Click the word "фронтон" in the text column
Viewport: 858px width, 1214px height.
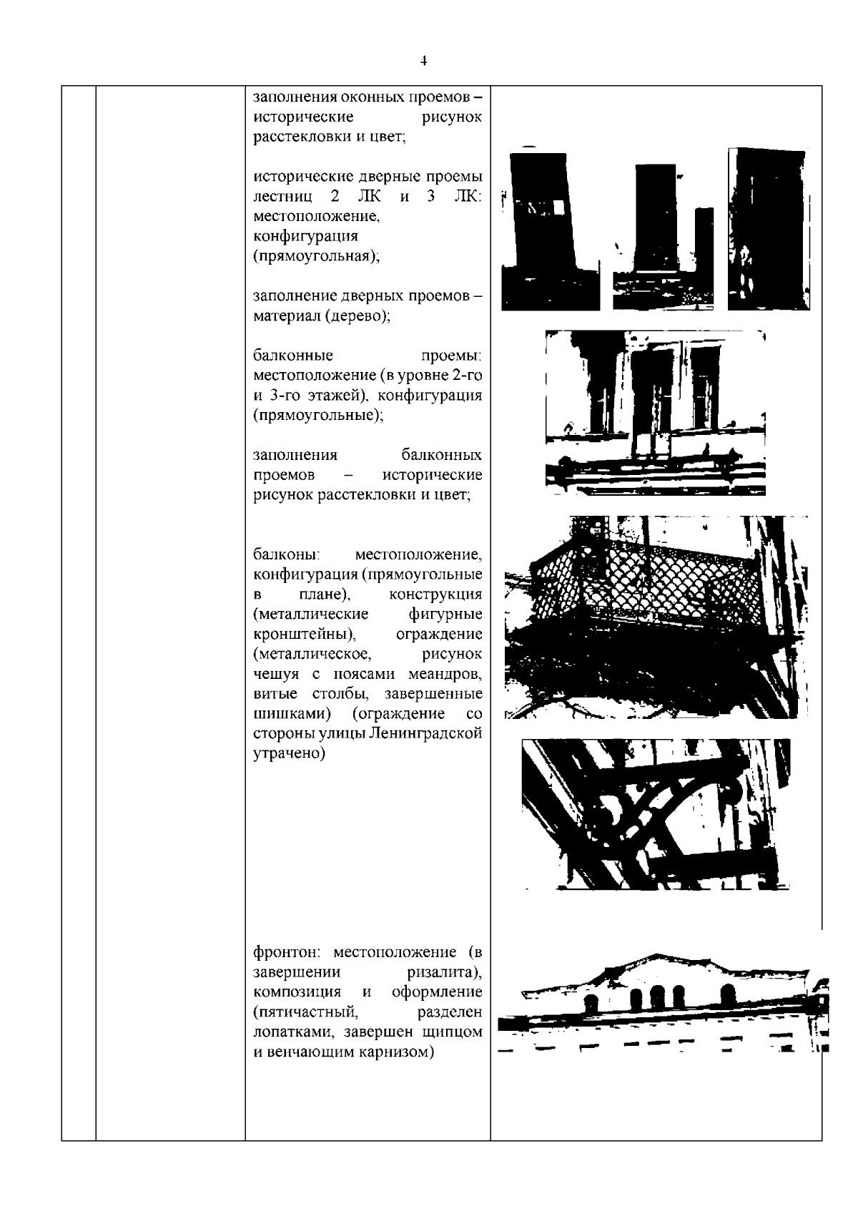290,952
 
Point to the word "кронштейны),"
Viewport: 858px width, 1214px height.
305,635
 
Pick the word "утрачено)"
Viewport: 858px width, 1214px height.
289,754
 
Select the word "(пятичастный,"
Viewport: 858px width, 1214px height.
305,1012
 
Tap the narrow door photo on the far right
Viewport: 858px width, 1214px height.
769,229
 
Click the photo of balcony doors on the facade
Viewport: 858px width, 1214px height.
654,412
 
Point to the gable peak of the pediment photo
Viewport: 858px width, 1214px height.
654,957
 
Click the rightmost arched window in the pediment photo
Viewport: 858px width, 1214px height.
728,995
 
